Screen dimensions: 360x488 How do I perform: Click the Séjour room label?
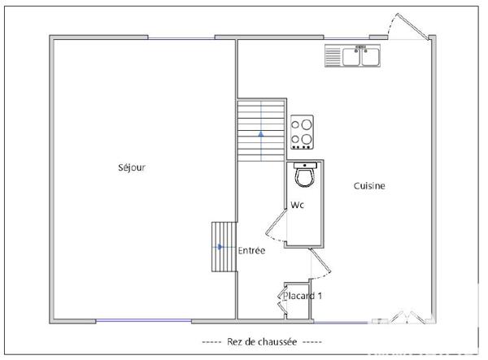[131, 168]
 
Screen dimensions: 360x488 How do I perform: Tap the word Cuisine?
[368, 186]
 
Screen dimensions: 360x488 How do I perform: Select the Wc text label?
[298, 206]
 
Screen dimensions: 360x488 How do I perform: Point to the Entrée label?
[251, 251]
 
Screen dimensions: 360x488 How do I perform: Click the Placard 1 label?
[303, 296]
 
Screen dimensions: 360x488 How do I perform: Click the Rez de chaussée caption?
[261, 341]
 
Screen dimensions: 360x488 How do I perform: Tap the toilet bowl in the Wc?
[305, 177]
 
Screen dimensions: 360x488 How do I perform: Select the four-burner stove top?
[303, 132]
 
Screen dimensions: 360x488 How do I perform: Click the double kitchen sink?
[353, 55]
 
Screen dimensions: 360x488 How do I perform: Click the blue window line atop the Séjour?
[181, 37]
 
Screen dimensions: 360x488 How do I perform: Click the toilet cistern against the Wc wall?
[305, 165]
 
